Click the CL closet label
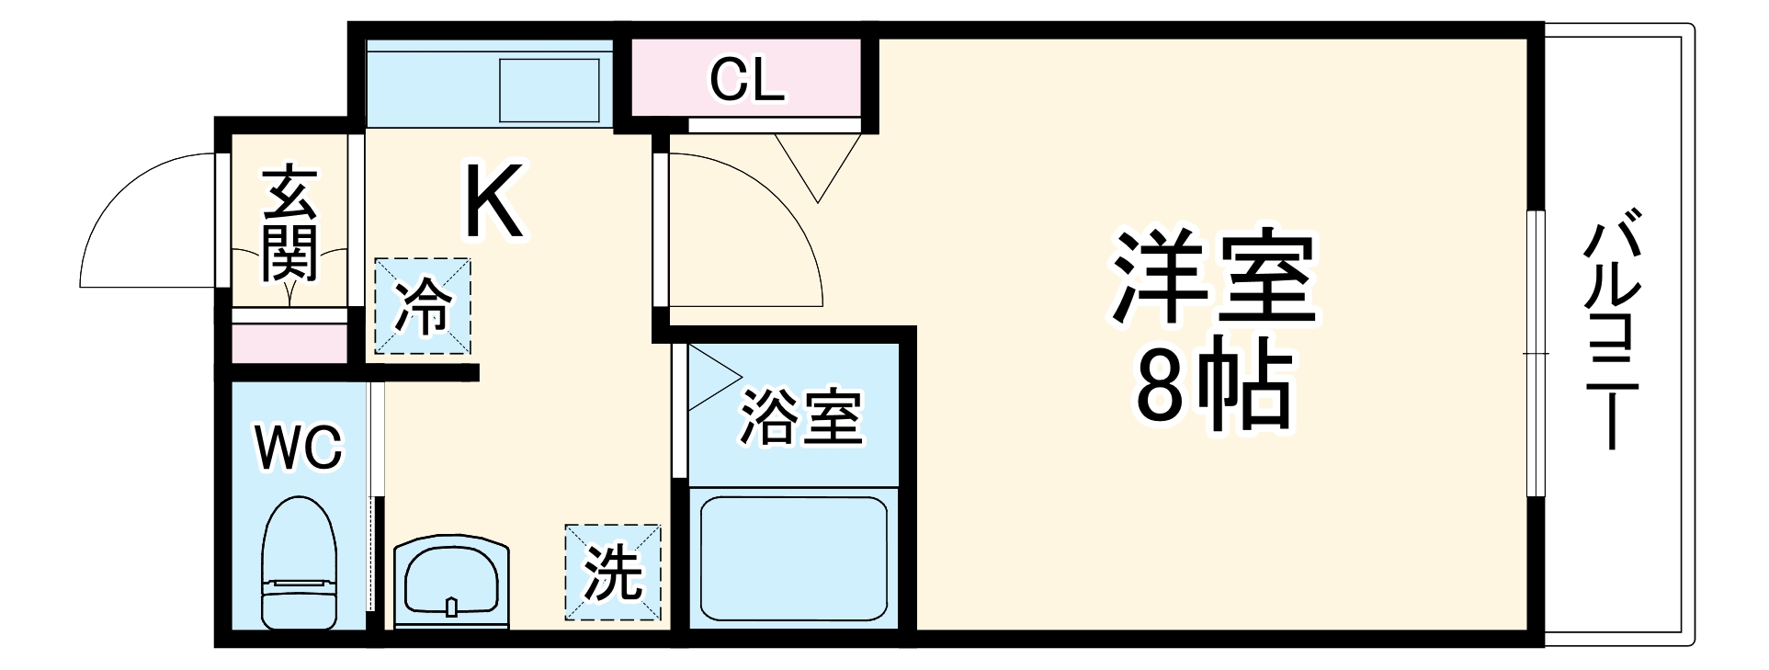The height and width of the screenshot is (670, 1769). [746, 80]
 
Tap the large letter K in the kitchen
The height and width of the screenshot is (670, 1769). [493, 200]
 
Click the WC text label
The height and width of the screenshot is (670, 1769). [299, 449]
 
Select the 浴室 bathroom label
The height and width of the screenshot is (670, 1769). [800, 418]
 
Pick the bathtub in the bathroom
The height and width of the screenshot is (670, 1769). [793, 560]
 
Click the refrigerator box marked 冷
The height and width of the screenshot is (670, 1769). [423, 306]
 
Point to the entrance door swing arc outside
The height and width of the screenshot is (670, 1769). [147, 221]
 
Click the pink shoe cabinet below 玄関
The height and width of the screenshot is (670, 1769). [289, 342]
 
